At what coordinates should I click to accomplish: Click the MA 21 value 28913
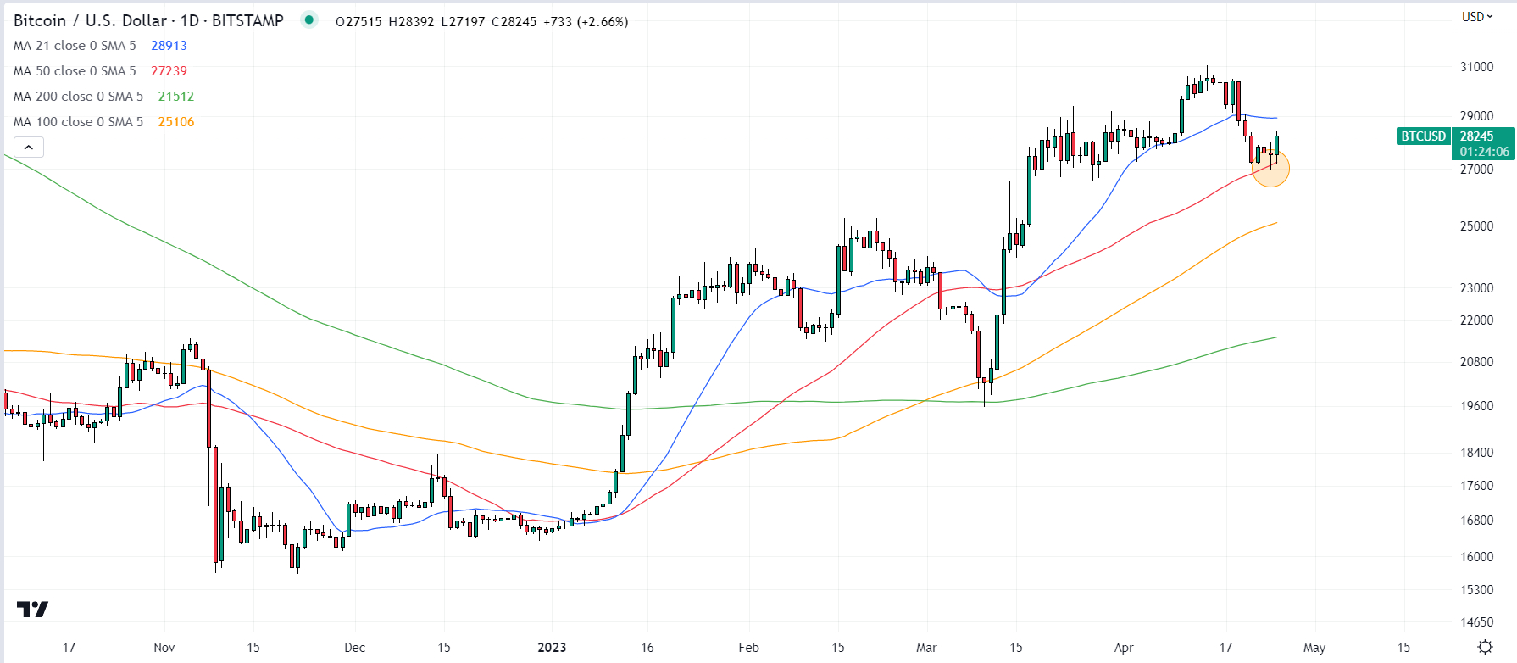[169, 46]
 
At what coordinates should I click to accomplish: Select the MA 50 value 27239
[169, 71]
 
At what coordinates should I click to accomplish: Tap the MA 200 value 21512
[176, 97]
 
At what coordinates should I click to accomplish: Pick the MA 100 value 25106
[176, 122]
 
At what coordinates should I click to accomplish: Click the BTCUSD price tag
[1424, 136]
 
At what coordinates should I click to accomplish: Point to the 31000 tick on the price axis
[1476, 67]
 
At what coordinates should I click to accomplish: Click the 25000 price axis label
[1476, 226]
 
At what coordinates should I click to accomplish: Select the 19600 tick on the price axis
[1476, 406]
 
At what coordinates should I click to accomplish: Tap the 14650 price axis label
[1476, 622]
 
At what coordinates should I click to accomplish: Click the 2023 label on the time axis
[552, 648]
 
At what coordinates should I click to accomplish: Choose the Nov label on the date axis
[164, 648]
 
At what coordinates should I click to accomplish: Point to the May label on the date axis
[1314, 648]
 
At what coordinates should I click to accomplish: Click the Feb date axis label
[749, 648]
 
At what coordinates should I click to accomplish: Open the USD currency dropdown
[1477, 17]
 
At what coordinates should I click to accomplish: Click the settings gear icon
[1485, 647]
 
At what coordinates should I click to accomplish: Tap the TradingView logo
[33, 609]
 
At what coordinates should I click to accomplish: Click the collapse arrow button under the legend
[29, 148]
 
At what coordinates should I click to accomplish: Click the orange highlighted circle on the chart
[1270, 168]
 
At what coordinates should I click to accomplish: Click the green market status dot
[309, 19]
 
